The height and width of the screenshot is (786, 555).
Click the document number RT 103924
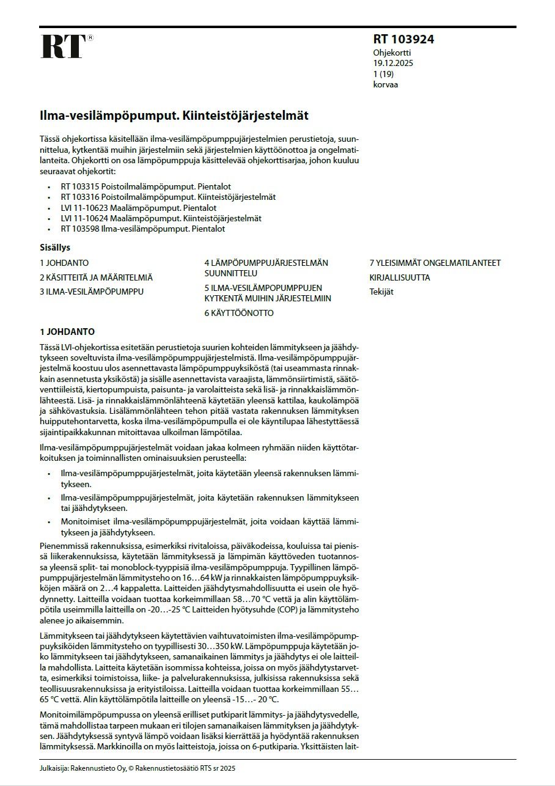click(x=403, y=40)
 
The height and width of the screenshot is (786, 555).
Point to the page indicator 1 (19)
click(x=384, y=74)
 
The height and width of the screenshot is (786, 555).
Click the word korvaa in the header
click(x=386, y=84)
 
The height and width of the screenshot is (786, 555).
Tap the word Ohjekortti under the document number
click(x=392, y=53)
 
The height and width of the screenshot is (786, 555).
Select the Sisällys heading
click(x=55, y=248)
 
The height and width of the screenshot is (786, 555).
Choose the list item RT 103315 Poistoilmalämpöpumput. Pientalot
click(x=145, y=186)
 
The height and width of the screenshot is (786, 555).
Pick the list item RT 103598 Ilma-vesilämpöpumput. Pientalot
click(x=143, y=229)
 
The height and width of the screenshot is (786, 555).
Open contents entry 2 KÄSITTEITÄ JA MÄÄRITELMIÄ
click(x=96, y=277)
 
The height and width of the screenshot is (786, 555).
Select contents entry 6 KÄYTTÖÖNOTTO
click(x=239, y=313)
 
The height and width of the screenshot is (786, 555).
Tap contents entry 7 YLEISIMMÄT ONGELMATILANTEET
click(x=435, y=263)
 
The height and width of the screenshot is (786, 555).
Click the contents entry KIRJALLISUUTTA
click(x=400, y=277)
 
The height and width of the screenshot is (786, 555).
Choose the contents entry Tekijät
click(x=381, y=292)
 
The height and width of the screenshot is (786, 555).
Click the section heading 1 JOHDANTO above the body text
click(x=67, y=332)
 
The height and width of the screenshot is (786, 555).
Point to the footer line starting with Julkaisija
click(x=138, y=768)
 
